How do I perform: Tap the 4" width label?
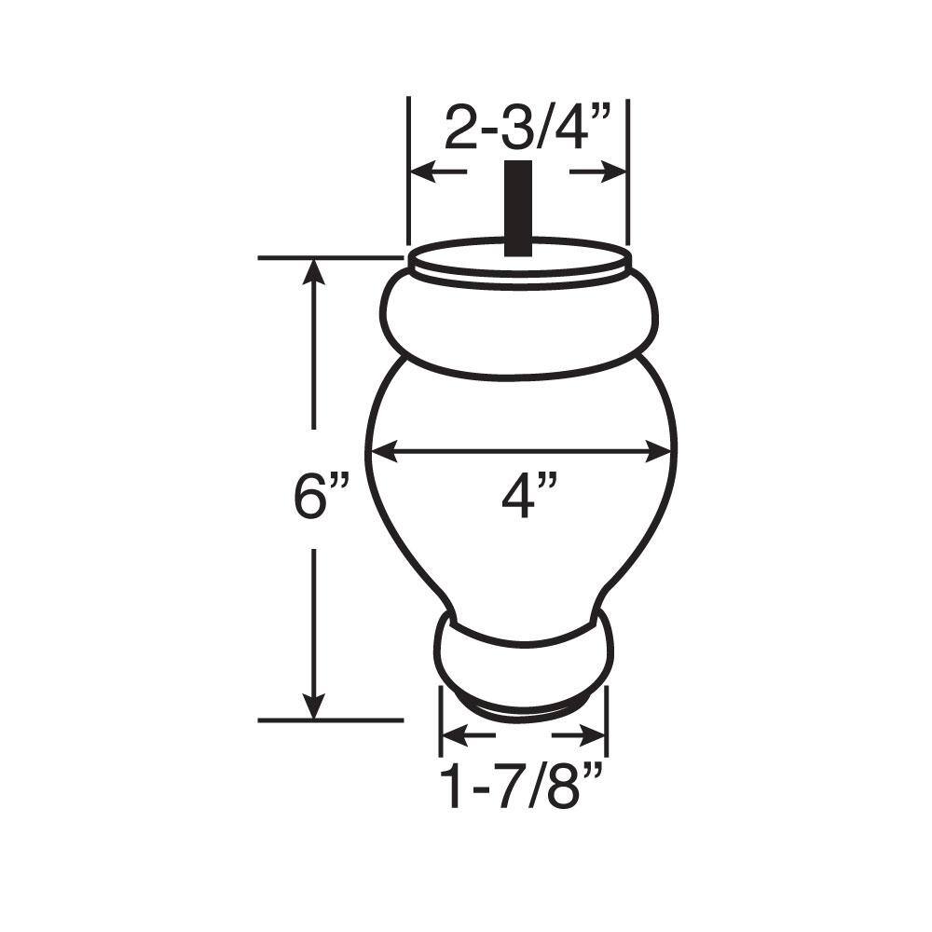pos(529,496)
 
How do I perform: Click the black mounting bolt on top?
pos(517,208)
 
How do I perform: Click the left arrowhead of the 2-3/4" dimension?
pos(424,172)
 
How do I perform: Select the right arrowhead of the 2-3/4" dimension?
pos(612,172)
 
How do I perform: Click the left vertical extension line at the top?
pos(408,168)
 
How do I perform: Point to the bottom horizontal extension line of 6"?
pos(331,720)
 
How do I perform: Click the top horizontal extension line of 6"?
pos(331,257)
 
